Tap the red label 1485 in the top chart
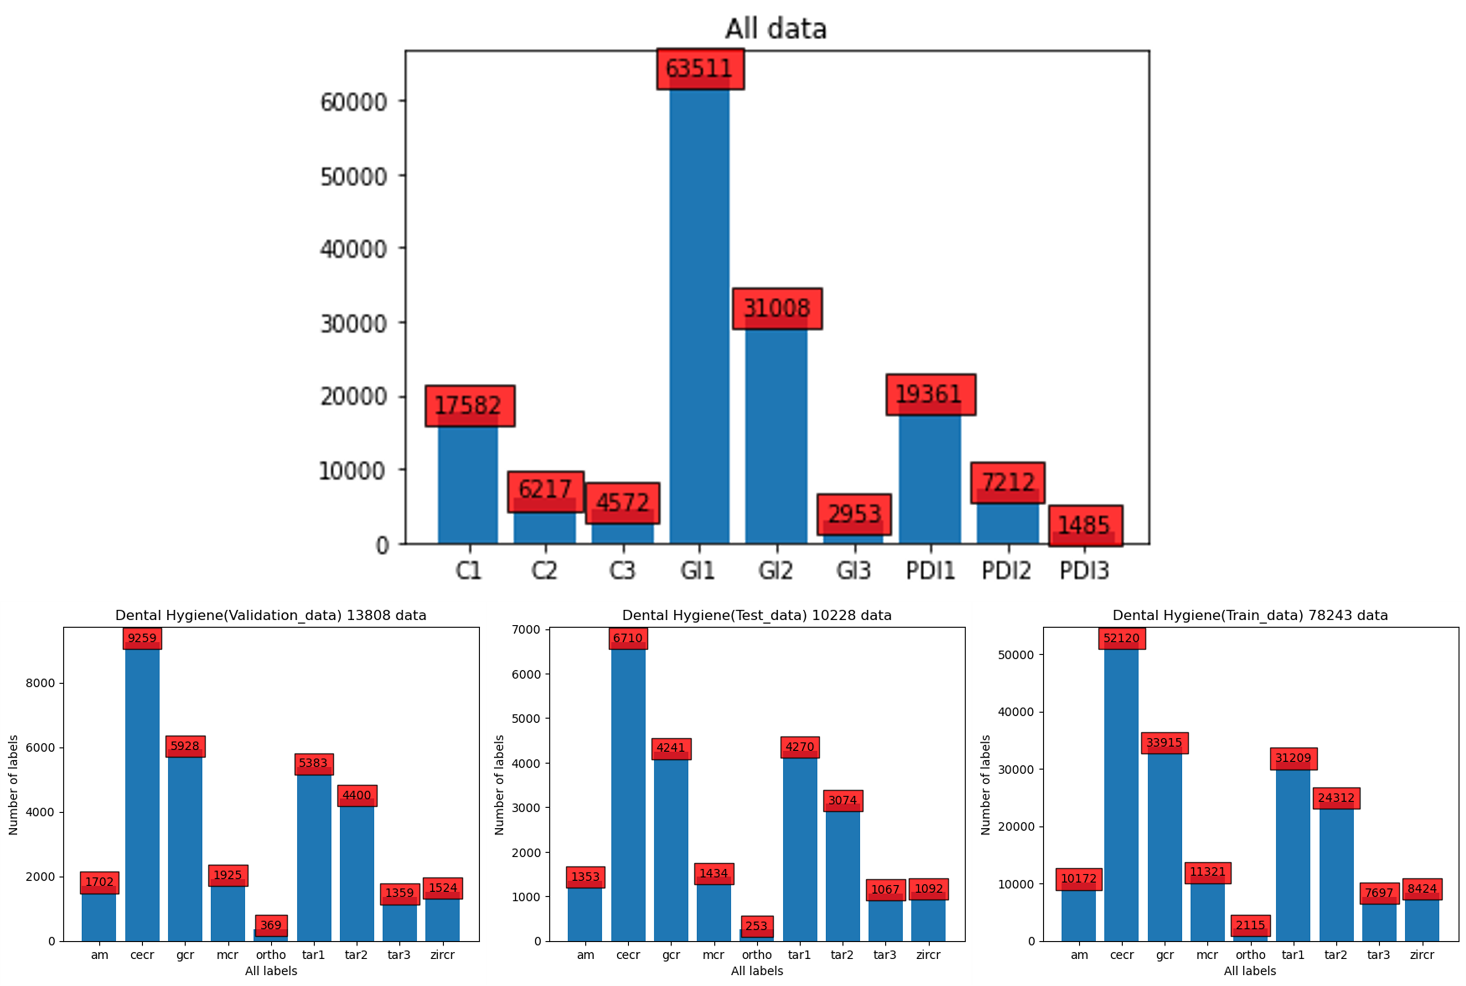pos(1085,525)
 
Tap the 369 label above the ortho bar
pos(271,925)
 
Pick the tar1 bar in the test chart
pos(799,849)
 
